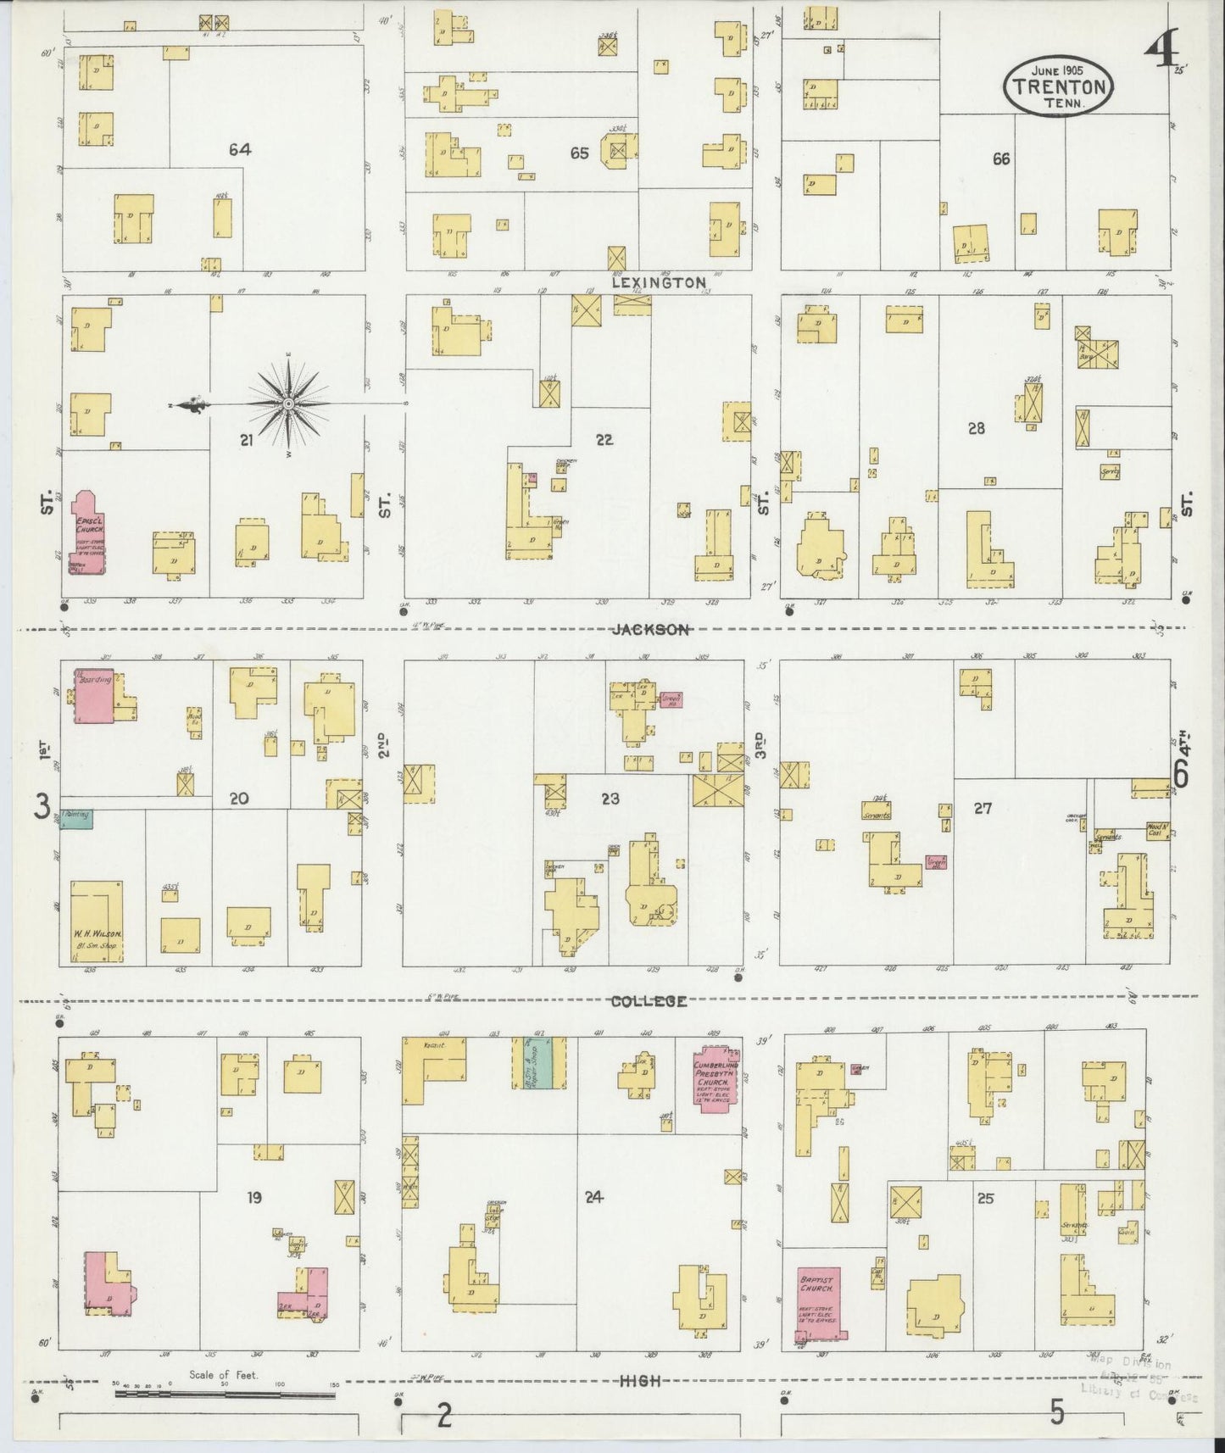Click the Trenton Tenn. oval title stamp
[x=1058, y=86]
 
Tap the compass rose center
[x=289, y=404]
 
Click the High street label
[x=640, y=1381]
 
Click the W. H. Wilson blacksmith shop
[x=97, y=921]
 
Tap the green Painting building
[x=76, y=818]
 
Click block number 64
[x=240, y=150]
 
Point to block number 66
[x=1000, y=159]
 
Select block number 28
[x=977, y=429]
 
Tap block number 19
[x=253, y=1198]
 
